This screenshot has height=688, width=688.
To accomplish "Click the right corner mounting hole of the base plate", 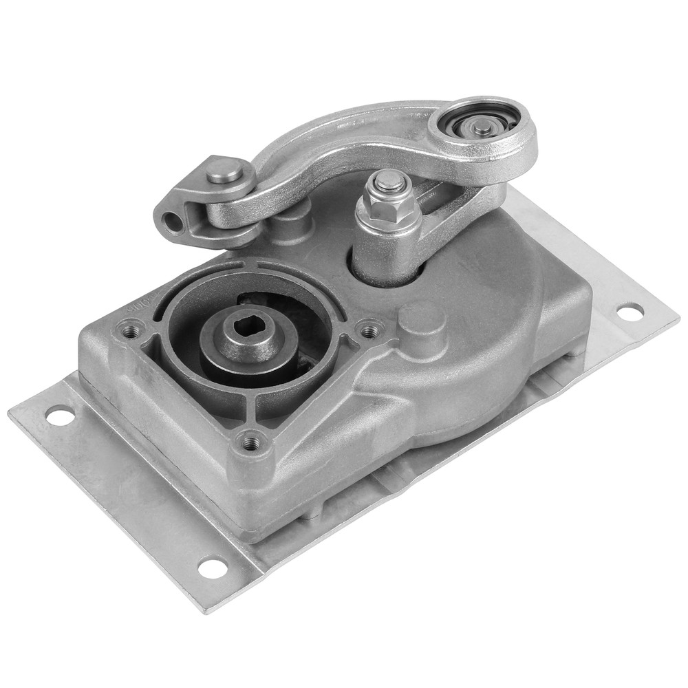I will click(x=629, y=311).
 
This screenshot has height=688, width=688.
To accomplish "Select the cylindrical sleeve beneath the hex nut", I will click(x=383, y=258).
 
